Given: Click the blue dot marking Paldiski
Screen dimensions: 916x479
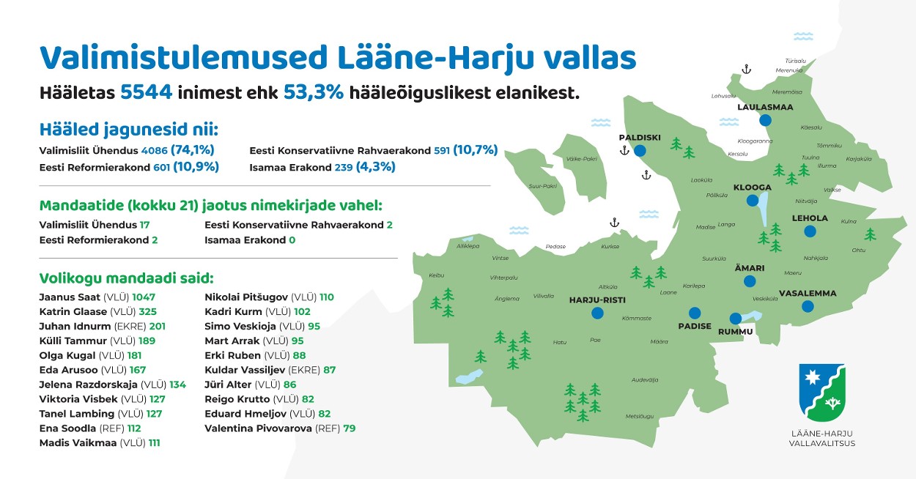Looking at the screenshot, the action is (640, 151).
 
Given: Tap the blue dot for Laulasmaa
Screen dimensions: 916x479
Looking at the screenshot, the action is (765, 120).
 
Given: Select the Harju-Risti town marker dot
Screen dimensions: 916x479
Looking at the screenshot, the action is (597, 313).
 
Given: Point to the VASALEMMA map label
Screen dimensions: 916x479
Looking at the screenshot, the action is (808, 294).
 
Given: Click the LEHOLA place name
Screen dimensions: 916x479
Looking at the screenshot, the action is (810, 218).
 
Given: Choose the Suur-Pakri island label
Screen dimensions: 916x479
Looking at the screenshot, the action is (543, 186).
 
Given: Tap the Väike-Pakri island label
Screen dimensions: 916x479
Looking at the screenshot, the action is (582, 159).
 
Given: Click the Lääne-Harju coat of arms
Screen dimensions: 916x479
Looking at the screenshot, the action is (822, 393).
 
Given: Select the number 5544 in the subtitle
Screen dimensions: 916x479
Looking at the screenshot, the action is (146, 92).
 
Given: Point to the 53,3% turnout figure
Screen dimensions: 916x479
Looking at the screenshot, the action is (314, 92).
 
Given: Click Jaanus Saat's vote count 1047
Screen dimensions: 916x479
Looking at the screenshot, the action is (144, 297).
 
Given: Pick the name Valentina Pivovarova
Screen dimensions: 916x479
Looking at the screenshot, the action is (258, 428).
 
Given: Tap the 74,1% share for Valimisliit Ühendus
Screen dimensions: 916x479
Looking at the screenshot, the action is (192, 150).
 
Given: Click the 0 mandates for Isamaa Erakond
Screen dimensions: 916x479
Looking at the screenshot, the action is (292, 240).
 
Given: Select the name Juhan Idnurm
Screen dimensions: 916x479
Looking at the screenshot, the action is (75, 326).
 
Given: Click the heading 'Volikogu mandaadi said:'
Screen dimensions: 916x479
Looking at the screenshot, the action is (126, 278).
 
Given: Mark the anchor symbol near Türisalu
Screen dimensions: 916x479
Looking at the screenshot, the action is (746, 69).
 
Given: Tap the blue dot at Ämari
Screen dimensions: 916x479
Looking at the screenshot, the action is (750, 281).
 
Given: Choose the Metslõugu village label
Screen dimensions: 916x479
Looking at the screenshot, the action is (640, 417).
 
